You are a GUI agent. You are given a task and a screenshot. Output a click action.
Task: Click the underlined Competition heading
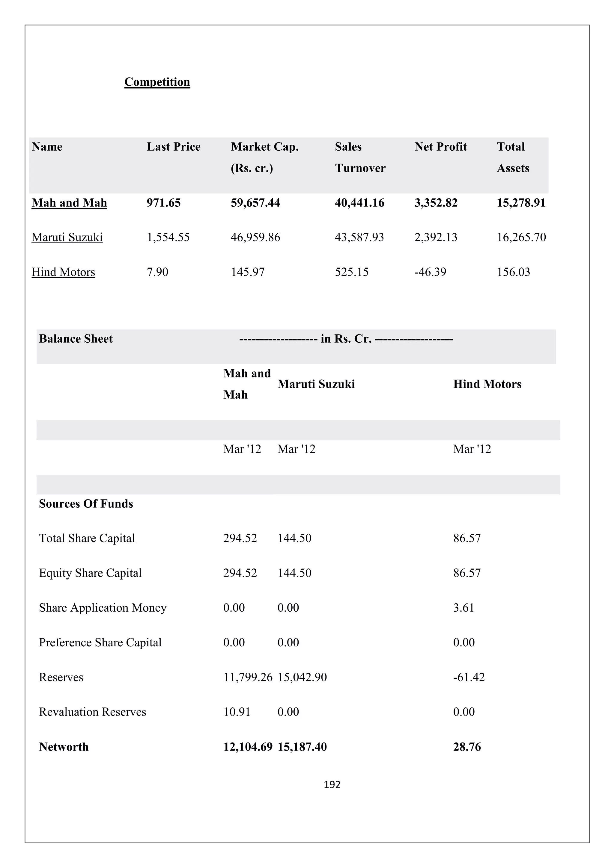coord(157,82)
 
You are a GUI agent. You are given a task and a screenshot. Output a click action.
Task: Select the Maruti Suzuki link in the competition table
coord(67,238)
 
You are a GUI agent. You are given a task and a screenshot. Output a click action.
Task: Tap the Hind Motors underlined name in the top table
coord(63,272)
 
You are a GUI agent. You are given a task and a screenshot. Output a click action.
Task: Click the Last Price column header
coord(174,147)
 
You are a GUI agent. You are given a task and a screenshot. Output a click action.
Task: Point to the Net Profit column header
coord(440,147)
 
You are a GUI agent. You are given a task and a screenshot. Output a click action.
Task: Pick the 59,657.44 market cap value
coord(255,203)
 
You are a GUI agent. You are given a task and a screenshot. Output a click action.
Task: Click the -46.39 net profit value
coord(430,272)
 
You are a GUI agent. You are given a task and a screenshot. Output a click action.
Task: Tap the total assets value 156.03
coord(513,272)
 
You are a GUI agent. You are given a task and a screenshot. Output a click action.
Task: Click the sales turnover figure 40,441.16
coord(359,203)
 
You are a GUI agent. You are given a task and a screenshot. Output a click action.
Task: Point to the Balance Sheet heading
coord(76,339)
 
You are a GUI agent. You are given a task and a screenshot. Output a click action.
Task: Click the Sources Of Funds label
coord(86,504)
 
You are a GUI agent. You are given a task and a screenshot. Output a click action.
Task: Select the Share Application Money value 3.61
coord(463,608)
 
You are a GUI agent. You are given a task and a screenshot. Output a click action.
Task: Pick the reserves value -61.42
coord(469,677)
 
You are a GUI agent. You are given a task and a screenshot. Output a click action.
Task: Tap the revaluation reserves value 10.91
coord(237,712)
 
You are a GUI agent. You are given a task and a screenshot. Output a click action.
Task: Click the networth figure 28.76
coord(467,747)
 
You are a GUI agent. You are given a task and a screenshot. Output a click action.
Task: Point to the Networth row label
coord(64,747)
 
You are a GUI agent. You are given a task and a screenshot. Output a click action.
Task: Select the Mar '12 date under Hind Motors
coord(472,449)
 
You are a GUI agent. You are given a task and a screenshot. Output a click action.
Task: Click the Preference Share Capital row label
coord(100,643)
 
